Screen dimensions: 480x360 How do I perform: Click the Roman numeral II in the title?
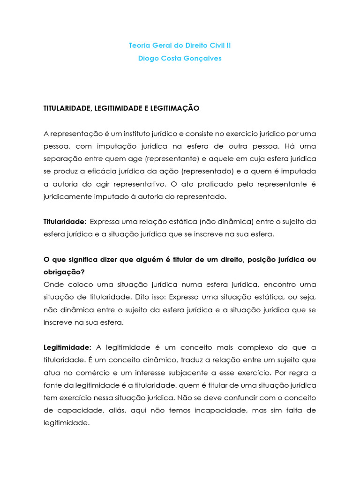[228, 45]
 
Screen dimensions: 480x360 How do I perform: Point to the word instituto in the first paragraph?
[135, 134]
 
